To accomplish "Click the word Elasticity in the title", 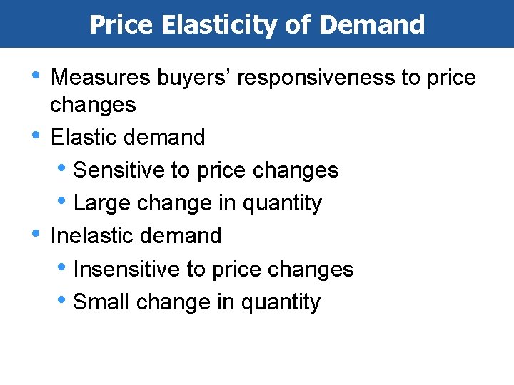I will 219,25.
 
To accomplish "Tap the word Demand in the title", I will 372,25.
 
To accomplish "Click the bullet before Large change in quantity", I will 66,202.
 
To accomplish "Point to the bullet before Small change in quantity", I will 66,300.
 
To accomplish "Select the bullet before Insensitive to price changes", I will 66,267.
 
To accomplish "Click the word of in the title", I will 299,25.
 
